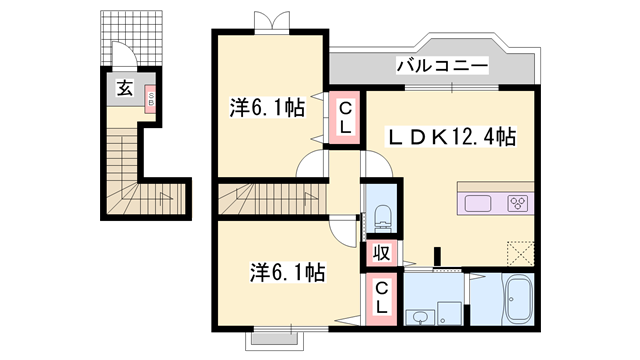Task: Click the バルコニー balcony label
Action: point(441,67)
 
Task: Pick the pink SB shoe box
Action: point(151,96)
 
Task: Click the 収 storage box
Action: point(381,252)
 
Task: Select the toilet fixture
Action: point(381,213)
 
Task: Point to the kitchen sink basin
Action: point(479,203)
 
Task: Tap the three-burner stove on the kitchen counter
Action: point(519,203)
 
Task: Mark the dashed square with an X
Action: point(519,251)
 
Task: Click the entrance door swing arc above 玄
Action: point(122,57)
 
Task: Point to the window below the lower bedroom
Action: point(277,336)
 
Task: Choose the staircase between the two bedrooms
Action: point(265,196)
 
